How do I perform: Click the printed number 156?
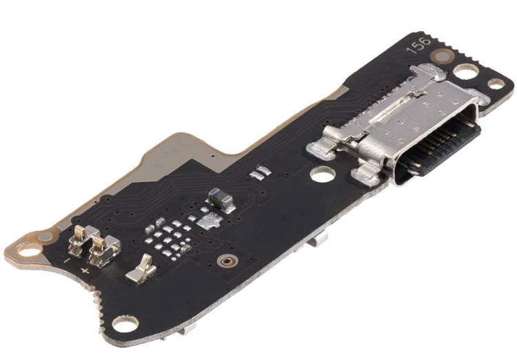(419, 46)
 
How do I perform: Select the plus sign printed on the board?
(85, 271)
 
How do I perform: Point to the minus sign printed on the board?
(67, 261)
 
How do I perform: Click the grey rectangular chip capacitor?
(221, 198)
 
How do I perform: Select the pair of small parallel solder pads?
(261, 172)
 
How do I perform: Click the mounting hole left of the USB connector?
(323, 174)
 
